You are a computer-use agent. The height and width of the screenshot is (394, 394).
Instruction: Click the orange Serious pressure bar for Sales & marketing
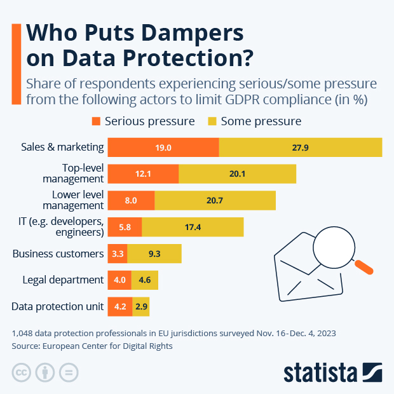pos(163,147)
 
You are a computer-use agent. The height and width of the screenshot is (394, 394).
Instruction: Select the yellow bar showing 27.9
pos(301,147)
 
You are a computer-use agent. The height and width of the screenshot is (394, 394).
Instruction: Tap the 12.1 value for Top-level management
pos(143,174)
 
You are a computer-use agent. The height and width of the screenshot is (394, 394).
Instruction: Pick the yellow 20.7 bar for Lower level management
pos(215,200)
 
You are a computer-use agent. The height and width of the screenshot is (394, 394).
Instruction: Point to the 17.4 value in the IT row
pos(193,227)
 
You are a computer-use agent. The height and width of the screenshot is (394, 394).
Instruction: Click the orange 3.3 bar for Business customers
pos(118,254)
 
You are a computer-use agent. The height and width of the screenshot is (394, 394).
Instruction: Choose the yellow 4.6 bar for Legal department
pos(145,280)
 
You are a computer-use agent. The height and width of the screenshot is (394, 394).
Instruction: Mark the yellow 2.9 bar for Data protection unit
pos(141,306)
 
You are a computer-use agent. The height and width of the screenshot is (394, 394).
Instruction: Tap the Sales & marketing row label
pos(62,147)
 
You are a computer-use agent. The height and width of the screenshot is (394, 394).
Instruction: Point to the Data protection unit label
pos(57,306)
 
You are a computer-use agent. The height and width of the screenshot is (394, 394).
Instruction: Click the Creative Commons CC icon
pos(22,372)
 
